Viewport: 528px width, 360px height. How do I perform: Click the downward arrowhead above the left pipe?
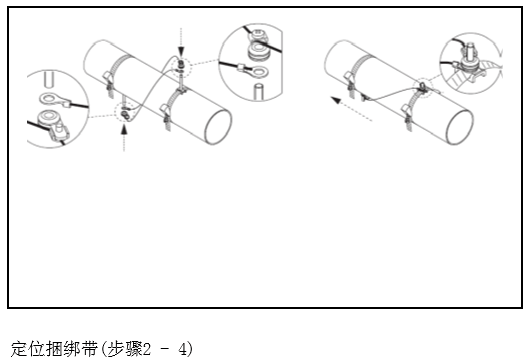click(181, 52)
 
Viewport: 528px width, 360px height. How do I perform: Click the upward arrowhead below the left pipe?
click(124, 129)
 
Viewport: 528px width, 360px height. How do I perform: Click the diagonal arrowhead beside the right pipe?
click(336, 100)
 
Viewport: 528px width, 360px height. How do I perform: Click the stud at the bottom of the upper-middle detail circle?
click(259, 92)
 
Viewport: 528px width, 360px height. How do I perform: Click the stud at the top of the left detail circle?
click(49, 80)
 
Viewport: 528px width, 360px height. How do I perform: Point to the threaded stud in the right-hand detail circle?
click(471, 51)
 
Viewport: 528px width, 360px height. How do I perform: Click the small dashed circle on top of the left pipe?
click(181, 67)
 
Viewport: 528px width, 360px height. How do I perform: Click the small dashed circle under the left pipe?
click(125, 113)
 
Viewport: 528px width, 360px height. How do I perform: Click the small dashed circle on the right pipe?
click(424, 88)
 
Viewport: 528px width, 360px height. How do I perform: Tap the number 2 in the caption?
click(146, 349)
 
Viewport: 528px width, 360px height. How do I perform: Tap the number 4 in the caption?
click(182, 349)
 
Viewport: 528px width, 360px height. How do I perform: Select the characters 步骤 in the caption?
click(125, 349)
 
